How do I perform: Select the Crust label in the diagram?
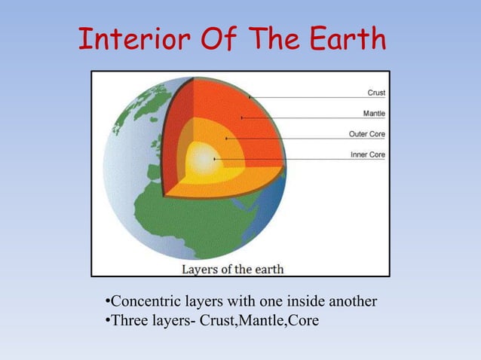[x=376, y=93]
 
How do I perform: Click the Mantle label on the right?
[x=374, y=114]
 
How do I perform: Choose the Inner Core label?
[x=368, y=154]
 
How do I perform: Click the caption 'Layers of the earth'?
[x=233, y=268]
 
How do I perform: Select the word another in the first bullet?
[x=351, y=302]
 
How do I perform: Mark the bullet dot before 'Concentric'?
[x=107, y=303]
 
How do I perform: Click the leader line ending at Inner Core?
[x=286, y=159]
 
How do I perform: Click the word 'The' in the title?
[x=268, y=39]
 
